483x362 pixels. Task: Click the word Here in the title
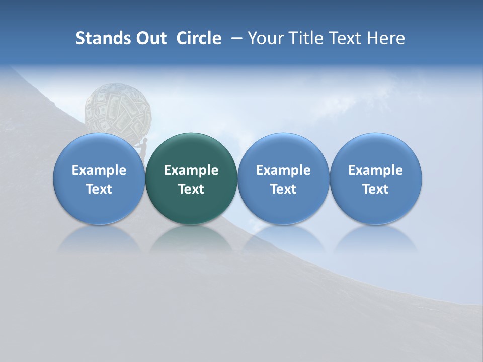click(x=385, y=38)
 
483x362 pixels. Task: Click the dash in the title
click(x=235, y=38)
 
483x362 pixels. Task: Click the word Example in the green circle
click(x=191, y=170)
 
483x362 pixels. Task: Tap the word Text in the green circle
click(x=191, y=189)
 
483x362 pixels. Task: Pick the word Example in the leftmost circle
click(x=99, y=170)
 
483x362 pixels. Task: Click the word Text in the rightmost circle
click(x=376, y=189)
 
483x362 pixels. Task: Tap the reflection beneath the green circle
click(x=191, y=239)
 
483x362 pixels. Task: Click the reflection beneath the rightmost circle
click(x=376, y=239)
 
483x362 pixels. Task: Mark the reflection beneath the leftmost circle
click(x=99, y=239)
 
